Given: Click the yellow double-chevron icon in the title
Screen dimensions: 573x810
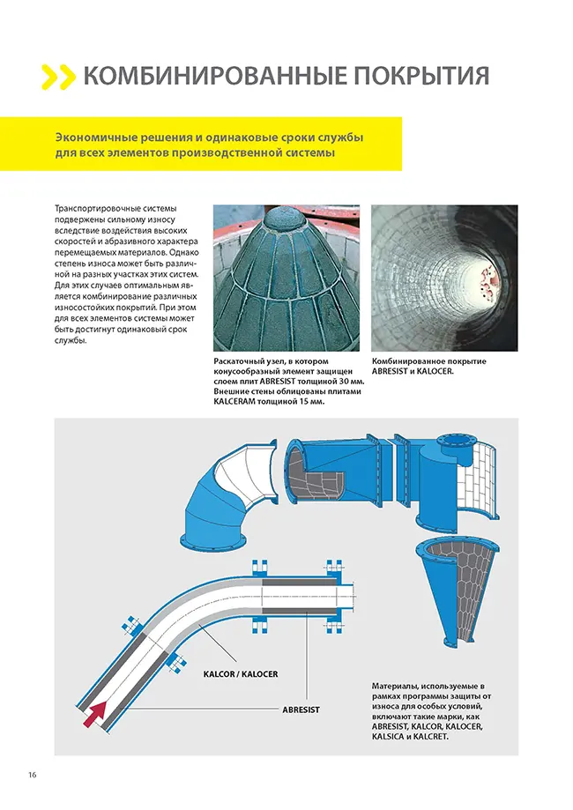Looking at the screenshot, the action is (x=57, y=77).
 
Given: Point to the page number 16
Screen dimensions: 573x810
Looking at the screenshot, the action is (x=33, y=775).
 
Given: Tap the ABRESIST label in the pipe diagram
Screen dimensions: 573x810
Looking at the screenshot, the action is (x=301, y=710).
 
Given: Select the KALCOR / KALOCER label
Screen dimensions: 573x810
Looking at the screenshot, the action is (x=241, y=674).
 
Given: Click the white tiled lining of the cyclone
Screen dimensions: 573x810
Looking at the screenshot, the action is (x=482, y=478).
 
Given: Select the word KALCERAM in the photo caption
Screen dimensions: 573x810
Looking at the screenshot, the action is (x=234, y=401).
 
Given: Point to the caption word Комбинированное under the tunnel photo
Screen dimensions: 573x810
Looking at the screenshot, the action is (x=405, y=361).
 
